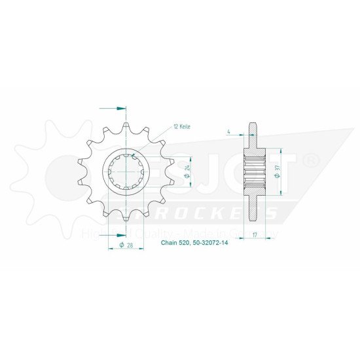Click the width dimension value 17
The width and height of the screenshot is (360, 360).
[x=253, y=234]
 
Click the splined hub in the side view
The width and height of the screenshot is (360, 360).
[x=254, y=171]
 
